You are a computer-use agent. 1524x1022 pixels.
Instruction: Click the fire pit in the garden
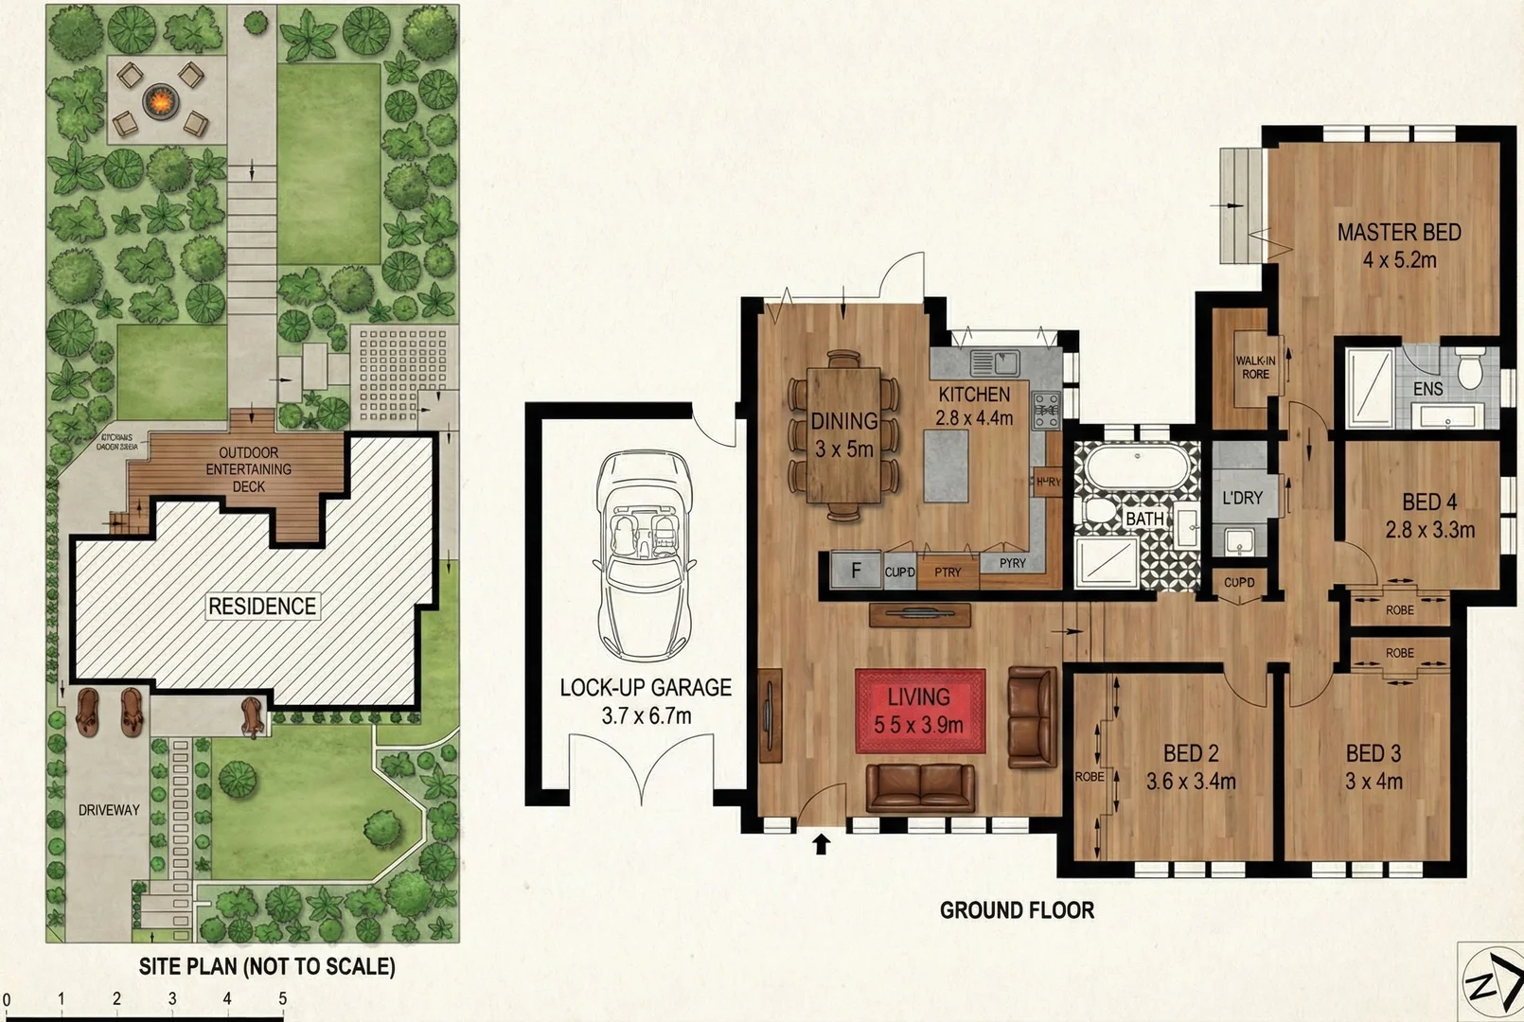point(160,97)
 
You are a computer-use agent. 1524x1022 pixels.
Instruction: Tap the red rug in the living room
point(920,711)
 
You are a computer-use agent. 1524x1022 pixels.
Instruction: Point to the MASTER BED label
point(1398,232)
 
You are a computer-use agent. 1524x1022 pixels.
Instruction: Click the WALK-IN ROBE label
point(1255,367)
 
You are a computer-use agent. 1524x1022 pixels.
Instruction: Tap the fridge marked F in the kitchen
point(857,571)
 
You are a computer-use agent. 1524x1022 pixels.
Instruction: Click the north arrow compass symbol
point(1490,982)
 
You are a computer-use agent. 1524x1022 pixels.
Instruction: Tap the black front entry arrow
point(821,843)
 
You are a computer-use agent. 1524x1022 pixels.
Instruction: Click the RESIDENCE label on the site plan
point(262,607)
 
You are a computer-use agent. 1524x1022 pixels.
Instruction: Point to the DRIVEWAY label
point(109,810)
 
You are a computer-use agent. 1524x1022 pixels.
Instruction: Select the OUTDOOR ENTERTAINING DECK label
point(249,469)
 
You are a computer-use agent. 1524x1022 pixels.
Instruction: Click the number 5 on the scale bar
point(282,998)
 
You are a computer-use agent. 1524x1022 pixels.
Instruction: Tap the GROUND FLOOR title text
point(1017,910)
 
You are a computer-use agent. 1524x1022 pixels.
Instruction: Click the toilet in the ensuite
point(1469,368)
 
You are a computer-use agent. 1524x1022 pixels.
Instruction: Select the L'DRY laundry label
point(1242,498)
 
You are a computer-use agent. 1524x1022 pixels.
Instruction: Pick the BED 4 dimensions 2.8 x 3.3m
point(1429,530)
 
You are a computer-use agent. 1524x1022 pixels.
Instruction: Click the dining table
point(843,435)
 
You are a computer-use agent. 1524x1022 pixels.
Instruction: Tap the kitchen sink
point(995,361)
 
